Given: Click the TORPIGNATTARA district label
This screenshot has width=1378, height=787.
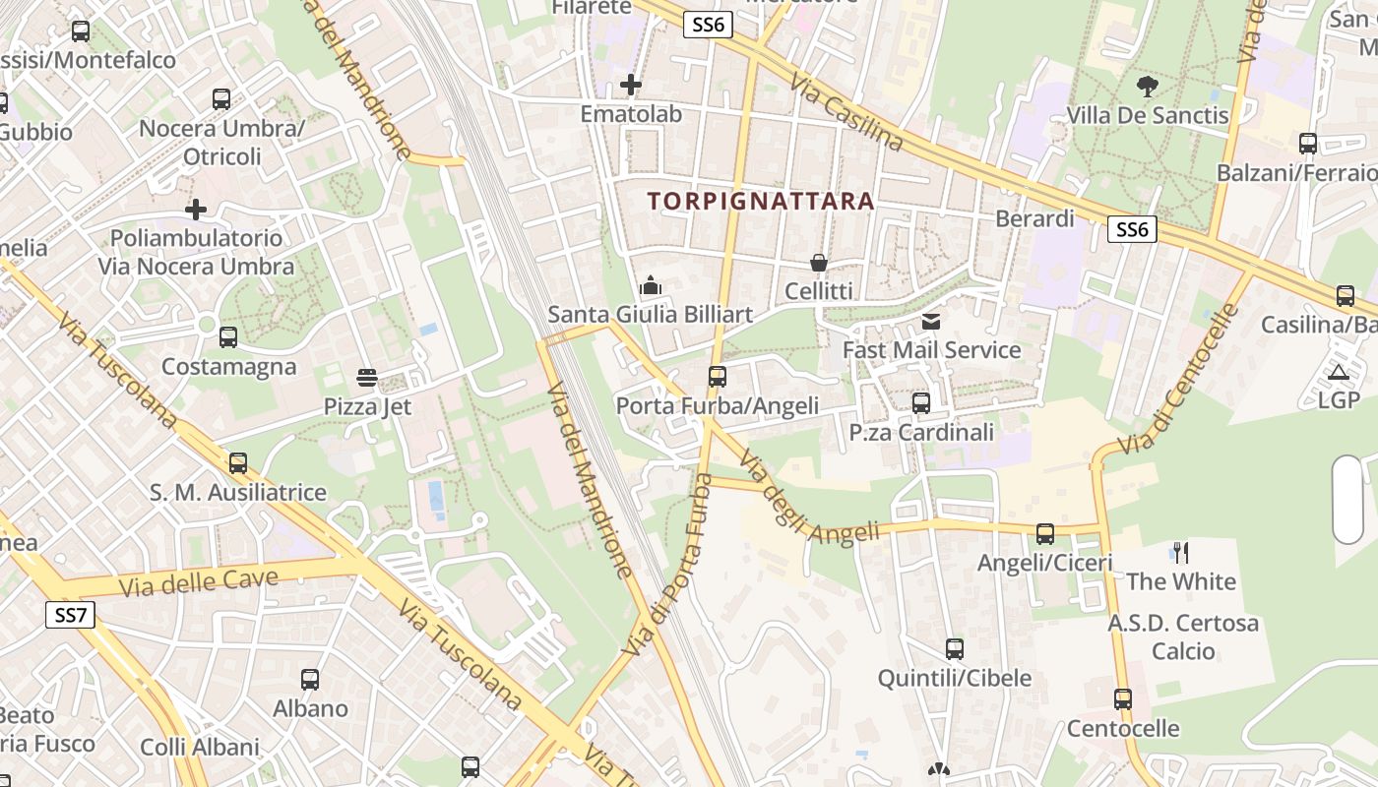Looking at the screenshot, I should [x=761, y=202].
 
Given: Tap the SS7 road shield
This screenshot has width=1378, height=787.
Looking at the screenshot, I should [x=71, y=616].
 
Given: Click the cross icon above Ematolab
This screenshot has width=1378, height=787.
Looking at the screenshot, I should [x=631, y=85].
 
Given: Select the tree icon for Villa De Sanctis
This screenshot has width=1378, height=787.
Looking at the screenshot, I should [x=1147, y=87].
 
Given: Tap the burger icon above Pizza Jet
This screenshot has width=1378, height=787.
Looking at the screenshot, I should [x=367, y=377].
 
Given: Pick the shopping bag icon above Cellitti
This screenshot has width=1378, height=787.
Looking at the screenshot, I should [x=818, y=263].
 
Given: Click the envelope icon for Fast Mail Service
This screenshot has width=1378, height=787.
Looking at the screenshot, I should [x=931, y=321].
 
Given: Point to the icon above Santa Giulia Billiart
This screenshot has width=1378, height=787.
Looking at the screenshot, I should [x=650, y=286].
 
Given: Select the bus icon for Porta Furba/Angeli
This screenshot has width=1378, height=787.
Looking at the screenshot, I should [x=717, y=376].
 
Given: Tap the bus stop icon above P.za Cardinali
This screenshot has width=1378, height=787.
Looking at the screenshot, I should [x=921, y=402].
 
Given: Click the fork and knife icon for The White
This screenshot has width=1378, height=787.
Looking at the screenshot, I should [x=1180, y=552].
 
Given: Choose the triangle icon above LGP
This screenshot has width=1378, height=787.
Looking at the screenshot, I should [x=1338, y=372].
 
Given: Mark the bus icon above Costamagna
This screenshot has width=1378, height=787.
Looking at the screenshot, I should [x=228, y=337].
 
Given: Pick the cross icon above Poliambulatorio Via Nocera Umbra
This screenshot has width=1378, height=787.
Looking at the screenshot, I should [x=196, y=209].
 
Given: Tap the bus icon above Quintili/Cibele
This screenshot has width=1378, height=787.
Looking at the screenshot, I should [x=954, y=649].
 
